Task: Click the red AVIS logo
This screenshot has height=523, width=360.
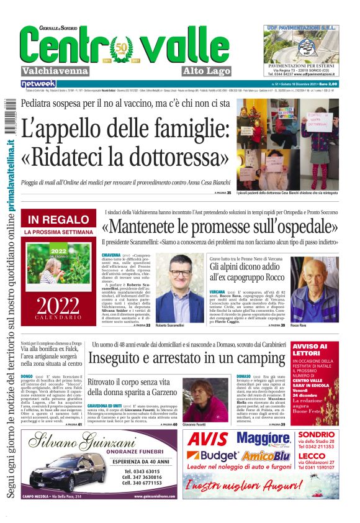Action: pyautogui.click(x=209, y=439)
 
